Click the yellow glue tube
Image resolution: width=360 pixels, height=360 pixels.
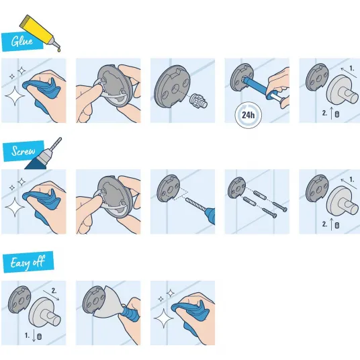point(39,32)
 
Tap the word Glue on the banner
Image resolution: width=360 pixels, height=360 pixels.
point(22,42)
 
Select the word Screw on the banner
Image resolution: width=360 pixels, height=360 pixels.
point(24,151)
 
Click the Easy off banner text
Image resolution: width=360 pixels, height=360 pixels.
point(28,262)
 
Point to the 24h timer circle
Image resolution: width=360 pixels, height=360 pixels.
point(249,115)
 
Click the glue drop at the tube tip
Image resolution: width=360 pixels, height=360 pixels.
point(59,49)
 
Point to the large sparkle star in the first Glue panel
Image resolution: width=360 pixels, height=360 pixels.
point(15,96)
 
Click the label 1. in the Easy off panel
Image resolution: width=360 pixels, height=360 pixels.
point(28,335)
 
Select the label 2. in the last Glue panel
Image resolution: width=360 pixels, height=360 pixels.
point(324,113)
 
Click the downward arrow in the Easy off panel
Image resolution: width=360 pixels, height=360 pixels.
point(34,336)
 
